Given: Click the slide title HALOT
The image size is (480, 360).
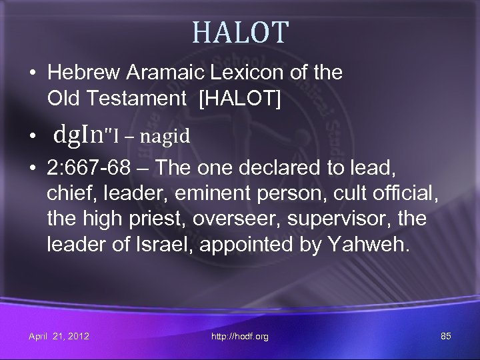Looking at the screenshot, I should (240, 31).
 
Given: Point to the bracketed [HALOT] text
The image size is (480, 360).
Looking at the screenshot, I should (239, 97).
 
